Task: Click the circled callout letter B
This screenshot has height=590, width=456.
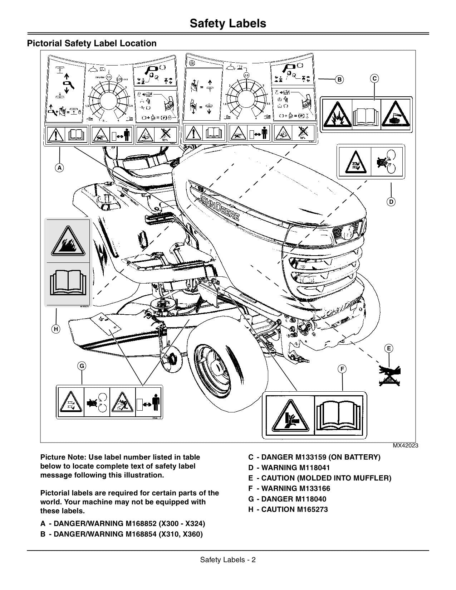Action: click(339, 79)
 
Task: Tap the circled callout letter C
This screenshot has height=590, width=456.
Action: click(374, 78)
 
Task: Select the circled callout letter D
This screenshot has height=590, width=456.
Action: click(391, 202)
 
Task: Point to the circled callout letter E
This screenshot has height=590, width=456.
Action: click(388, 348)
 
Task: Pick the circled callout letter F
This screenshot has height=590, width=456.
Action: click(342, 369)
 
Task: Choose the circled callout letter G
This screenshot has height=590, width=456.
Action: click(82, 366)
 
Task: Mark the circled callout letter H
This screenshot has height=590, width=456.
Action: click(56, 329)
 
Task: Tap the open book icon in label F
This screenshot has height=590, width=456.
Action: click(340, 415)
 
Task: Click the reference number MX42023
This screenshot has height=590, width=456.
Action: click(405, 446)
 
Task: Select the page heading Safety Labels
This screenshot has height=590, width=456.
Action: click(228, 23)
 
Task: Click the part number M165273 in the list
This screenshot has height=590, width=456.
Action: click(312, 509)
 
